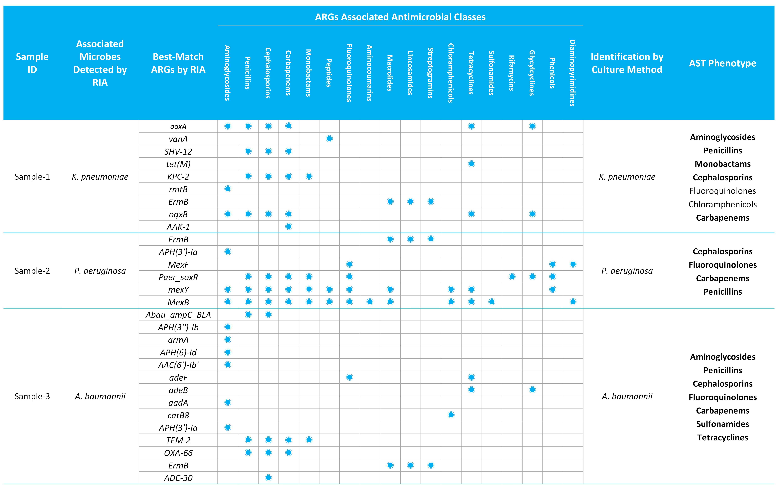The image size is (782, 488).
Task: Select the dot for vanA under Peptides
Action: pyautogui.click(x=329, y=139)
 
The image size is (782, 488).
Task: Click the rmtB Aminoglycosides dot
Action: pyautogui.click(x=228, y=189)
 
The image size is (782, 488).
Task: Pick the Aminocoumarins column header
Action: pyautogui.click(x=370, y=73)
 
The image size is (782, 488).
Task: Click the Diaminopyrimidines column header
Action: pyautogui.click(x=572, y=73)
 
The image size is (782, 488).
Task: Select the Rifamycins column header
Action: pyautogui.click(x=512, y=73)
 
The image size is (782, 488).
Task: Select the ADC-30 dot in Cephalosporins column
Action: pyautogui.click(x=268, y=478)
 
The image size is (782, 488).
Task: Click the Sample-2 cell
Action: pyautogui.click(x=32, y=271)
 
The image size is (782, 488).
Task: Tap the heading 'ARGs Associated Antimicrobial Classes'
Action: pyautogui.click(x=400, y=17)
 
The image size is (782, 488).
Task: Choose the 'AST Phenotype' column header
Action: pyautogui.click(x=723, y=63)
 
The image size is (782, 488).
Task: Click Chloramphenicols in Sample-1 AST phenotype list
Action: pyautogui.click(x=723, y=204)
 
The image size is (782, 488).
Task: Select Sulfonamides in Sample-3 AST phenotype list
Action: pyautogui.click(x=723, y=424)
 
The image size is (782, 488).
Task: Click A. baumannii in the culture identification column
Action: pyautogui.click(x=627, y=396)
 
